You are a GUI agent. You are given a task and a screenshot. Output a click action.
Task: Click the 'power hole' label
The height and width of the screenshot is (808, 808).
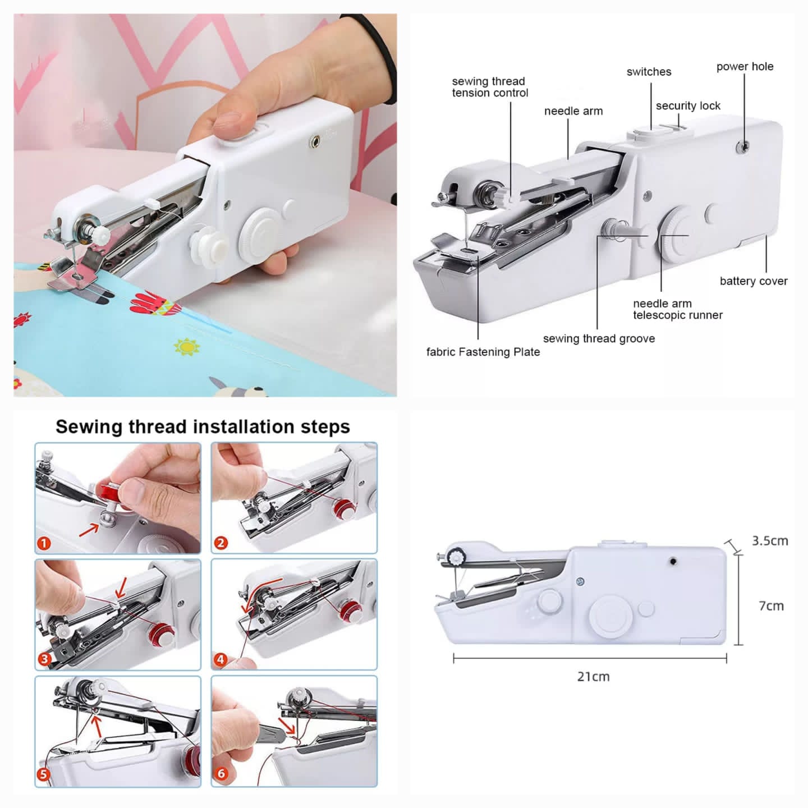745,67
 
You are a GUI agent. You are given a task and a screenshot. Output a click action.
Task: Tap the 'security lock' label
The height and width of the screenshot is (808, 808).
688,106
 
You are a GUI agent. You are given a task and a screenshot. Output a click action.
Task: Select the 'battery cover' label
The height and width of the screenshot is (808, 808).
754,281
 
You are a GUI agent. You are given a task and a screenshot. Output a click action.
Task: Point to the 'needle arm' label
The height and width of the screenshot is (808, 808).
573,111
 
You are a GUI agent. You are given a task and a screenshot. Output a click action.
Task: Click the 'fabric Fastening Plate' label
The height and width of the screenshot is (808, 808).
483,352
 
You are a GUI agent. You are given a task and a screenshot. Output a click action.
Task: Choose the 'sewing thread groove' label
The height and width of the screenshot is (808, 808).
599,338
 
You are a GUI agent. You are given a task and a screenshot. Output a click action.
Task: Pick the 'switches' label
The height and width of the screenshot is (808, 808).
649,72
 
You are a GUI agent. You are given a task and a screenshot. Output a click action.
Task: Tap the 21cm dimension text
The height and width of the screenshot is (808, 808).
593,677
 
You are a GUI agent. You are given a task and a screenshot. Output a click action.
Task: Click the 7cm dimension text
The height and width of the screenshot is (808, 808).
771,606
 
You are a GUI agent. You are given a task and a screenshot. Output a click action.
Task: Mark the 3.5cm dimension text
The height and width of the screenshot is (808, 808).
770,541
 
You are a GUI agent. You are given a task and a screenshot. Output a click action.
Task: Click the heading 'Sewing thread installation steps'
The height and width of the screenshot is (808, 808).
203,427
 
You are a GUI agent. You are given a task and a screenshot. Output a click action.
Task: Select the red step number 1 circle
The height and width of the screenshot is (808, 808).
44,543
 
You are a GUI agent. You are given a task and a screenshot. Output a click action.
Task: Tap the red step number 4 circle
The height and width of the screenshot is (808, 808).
221,660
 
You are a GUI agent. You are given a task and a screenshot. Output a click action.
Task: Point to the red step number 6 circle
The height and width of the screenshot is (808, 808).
221,774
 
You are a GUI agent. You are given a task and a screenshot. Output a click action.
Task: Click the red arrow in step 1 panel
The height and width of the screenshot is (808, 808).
89,529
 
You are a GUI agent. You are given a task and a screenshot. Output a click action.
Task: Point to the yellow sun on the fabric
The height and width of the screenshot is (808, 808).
187,347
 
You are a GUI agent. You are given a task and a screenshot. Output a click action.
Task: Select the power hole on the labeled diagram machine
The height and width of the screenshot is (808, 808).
743,146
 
